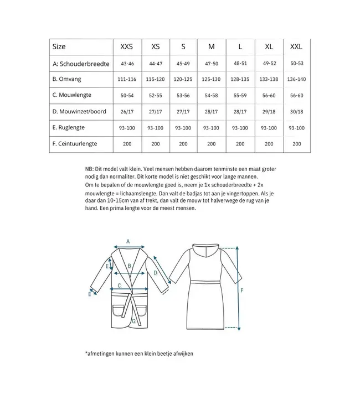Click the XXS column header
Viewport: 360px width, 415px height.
coord(127,47)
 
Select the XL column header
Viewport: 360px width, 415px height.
coord(269,47)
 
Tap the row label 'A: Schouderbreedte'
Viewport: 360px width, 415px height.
coord(81,64)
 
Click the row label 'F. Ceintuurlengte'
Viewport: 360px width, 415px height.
coord(75,143)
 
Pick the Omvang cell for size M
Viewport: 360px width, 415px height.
coord(211,80)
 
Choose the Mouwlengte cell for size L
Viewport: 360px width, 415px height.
coord(240,96)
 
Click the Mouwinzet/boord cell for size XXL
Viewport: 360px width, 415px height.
coord(297,112)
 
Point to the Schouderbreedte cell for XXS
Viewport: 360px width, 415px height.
coord(127,64)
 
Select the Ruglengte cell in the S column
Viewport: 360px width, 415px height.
coord(183,128)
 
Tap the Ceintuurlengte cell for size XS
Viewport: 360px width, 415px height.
coord(155,144)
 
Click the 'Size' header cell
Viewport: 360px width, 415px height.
coord(59,47)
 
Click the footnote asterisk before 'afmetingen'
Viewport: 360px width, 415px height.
coord(87,354)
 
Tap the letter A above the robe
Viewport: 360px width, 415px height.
coord(128,241)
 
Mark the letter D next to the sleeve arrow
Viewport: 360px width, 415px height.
coord(156,273)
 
